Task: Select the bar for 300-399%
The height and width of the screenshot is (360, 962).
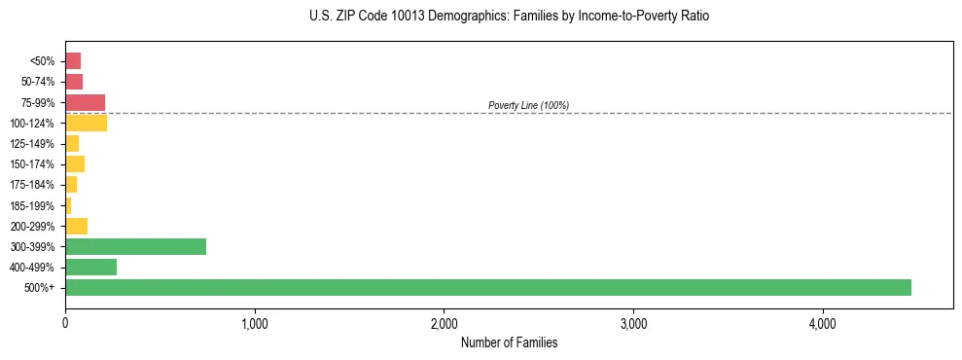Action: click(x=135, y=246)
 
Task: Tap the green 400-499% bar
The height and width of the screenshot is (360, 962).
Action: click(x=90, y=267)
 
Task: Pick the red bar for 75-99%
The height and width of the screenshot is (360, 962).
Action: click(x=85, y=102)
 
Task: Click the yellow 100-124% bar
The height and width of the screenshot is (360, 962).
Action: click(x=86, y=123)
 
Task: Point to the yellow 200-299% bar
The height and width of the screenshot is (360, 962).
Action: click(x=76, y=226)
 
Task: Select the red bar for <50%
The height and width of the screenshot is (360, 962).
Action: click(x=73, y=61)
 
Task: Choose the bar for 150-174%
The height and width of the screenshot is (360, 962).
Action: click(x=75, y=163)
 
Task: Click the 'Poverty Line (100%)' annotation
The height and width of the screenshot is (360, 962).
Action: click(x=528, y=105)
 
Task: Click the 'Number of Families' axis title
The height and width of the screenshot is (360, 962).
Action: click(x=509, y=342)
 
